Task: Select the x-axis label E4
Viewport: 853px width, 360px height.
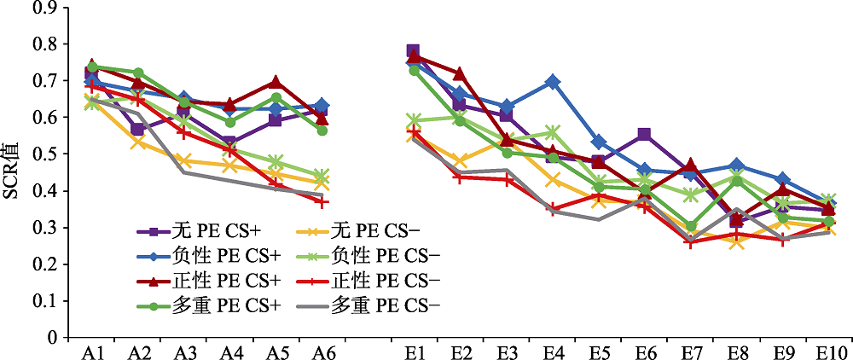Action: coord(552,351)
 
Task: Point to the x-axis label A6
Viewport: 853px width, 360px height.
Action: coord(321,351)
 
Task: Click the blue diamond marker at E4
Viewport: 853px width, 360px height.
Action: coord(553,82)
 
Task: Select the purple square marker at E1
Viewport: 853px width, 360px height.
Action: coord(413,52)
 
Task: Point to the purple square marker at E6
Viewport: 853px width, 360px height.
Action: coord(644,135)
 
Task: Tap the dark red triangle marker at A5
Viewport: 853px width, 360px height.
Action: coord(275,83)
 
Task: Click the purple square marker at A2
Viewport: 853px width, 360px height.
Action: coord(137,130)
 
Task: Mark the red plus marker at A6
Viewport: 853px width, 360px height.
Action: coord(321,202)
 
